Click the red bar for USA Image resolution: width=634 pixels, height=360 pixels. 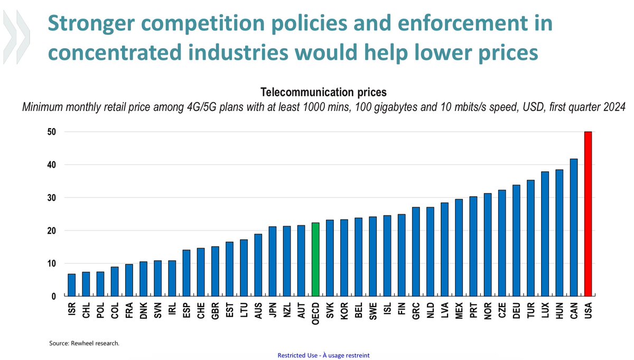tap(588, 214)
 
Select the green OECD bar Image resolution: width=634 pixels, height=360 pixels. tap(315, 260)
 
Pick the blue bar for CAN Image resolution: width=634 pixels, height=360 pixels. tap(573, 227)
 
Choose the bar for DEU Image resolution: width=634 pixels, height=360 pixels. tap(516, 241)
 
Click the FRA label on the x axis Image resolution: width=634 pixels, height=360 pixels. tap(129, 310)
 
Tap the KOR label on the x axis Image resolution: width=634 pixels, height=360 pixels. tap(344, 310)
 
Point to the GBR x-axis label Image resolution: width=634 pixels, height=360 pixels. tap(215, 310)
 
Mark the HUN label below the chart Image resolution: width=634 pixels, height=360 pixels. tap(559, 310)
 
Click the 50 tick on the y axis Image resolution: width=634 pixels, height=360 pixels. tap(52, 132)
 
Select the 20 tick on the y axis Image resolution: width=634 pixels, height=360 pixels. tap(52, 231)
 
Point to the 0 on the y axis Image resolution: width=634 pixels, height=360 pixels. tap(54, 297)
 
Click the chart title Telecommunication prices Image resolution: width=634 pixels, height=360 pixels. tap(324, 91)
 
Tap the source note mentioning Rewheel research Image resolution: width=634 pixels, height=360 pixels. tap(84, 343)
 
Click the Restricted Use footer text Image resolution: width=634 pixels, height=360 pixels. tap(323, 355)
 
